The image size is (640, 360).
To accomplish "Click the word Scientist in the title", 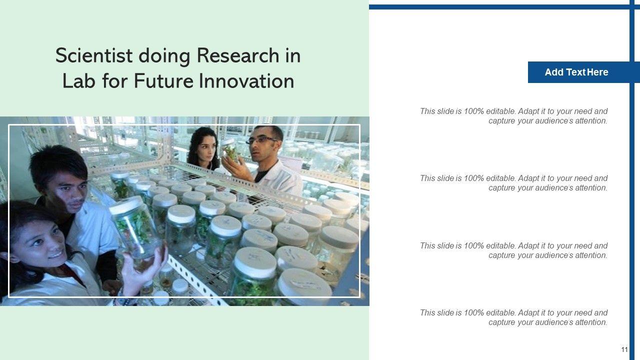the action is (x=94, y=55).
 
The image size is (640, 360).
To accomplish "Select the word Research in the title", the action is (x=238, y=55).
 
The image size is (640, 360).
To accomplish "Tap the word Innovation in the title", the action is (x=246, y=81).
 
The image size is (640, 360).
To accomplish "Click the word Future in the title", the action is (x=163, y=81).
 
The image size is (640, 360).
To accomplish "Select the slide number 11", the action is (x=624, y=349).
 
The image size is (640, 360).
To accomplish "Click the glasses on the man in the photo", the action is (x=261, y=140).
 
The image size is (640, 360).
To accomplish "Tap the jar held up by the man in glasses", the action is (x=229, y=150).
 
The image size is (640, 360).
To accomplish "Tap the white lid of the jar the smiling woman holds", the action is (x=126, y=205).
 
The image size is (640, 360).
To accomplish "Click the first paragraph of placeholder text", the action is (x=513, y=116).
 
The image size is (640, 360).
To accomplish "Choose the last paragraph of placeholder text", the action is (x=513, y=317).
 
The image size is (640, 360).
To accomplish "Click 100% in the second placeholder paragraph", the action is (x=473, y=178).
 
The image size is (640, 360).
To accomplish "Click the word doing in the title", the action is (x=164, y=55).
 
